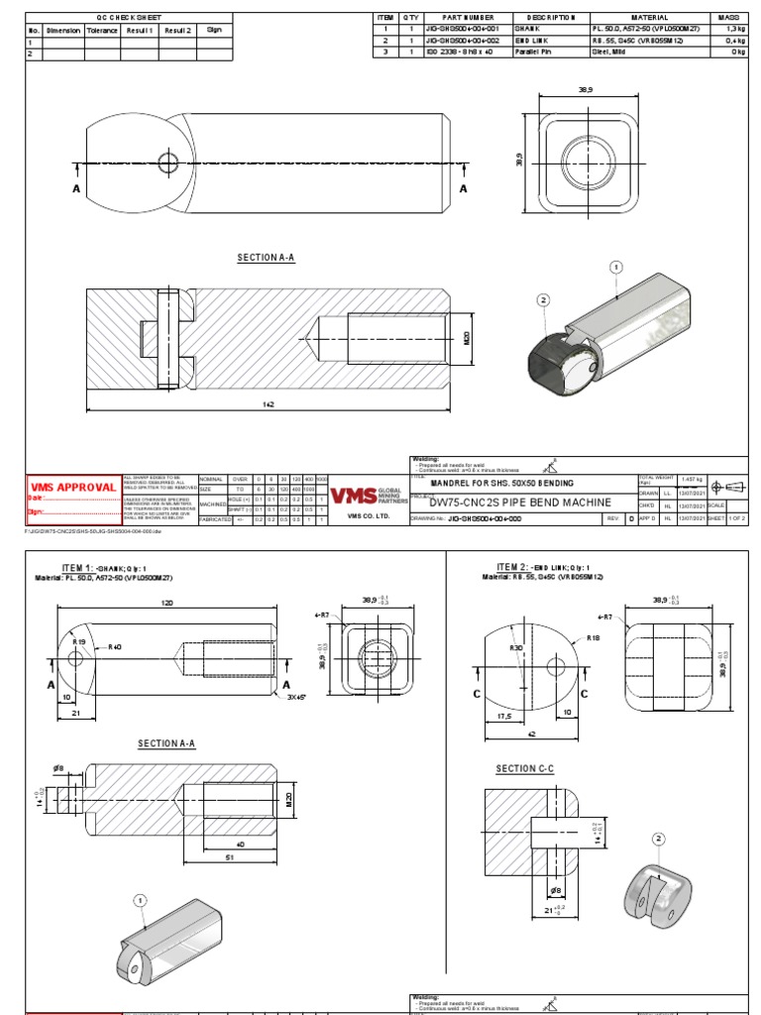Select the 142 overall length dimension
point(268,403)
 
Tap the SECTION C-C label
point(525,769)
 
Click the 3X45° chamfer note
point(296,697)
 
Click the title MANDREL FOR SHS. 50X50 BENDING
point(502,481)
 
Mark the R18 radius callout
point(594,638)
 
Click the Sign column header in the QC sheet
point(214,30)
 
